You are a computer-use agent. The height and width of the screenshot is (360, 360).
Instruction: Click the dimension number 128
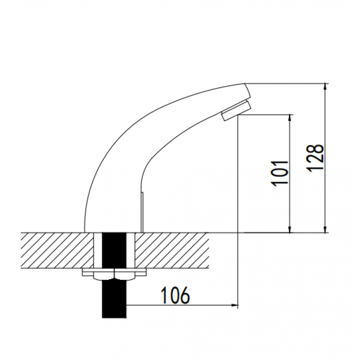[315, 158]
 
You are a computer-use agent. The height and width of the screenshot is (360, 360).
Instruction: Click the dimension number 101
[280, 173]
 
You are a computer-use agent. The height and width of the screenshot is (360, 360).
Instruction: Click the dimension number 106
[175, 295]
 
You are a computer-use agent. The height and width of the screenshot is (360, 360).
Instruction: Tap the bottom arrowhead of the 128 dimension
[325, 229]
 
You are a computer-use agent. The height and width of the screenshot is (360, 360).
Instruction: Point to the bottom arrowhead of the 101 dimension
[290, 229]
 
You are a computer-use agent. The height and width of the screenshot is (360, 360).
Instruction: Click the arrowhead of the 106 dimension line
[235, 305]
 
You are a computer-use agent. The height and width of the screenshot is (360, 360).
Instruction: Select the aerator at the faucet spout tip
[237, 111]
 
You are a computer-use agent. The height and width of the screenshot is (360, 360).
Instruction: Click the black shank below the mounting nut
[114, 299]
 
